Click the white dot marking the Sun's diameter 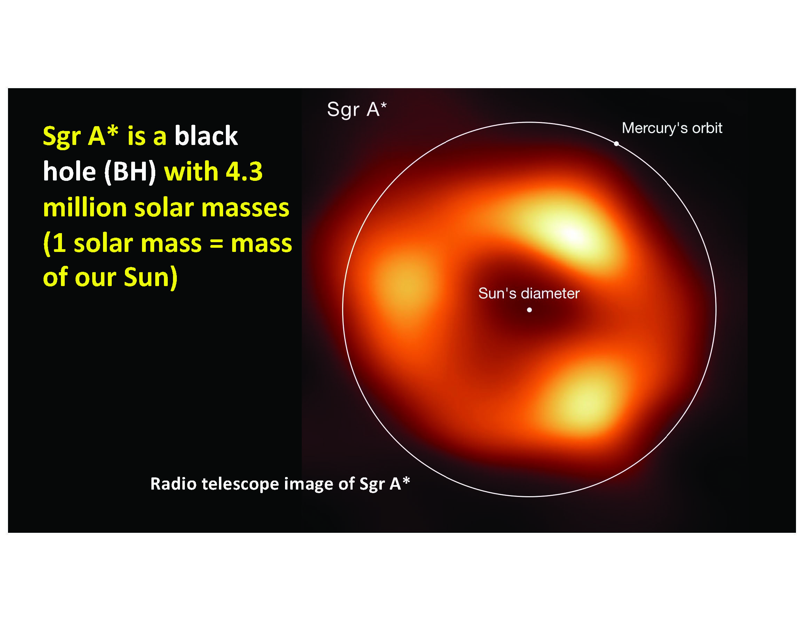pyautogui.click(x=529, y=310)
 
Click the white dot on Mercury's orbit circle pyautogui.click(x=616, y=144)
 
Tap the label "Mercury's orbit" pyautogui.click(x=672, y=128)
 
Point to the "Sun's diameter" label pyautogui.click(x=529, y=293)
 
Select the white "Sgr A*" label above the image pyautogui.click(x=357, y=109)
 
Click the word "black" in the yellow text pyautogui.click(x=206, y=136)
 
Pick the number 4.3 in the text pyautogui.click(x=244, y=171)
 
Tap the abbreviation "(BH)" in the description pyautogui.click(x=130, y=172)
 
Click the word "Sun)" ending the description pyautogui.click(x=151, y=277)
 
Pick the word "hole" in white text pyautogui.click(x=70, y=171)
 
